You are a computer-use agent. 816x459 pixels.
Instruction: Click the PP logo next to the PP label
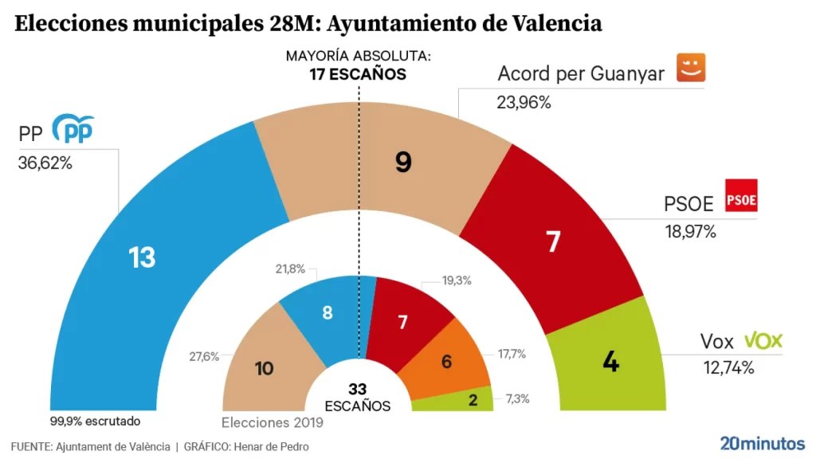73,129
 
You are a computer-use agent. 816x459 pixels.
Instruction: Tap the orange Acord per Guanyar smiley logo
692,68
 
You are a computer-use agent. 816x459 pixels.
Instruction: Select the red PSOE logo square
741,196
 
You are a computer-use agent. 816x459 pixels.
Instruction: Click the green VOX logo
763,341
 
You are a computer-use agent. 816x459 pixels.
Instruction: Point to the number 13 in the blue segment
142,257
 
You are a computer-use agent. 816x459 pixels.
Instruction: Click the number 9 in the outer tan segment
403,163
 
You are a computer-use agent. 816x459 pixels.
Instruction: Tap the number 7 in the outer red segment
554,241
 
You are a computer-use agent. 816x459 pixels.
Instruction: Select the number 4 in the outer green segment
611,362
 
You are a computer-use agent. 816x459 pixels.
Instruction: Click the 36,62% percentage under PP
45,163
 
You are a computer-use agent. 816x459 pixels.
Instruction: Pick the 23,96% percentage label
524,102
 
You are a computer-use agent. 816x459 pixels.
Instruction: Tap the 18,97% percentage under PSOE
690,232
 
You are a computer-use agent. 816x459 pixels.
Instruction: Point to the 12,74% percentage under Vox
727,367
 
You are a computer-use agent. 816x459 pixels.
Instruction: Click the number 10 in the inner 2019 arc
264,368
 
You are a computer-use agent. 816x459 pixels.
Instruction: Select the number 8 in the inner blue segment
328,312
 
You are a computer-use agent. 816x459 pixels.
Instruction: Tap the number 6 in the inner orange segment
446,361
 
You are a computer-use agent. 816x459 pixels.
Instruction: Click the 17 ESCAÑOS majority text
358,74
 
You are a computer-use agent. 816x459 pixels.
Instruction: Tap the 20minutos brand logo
763,443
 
